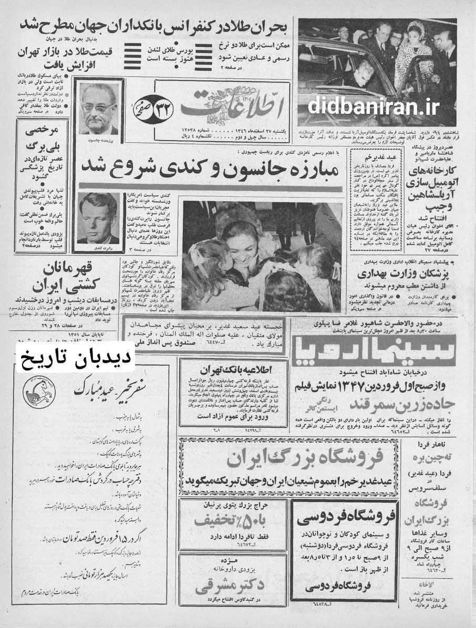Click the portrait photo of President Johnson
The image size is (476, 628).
pyautogui.click(x=99, y=108)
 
